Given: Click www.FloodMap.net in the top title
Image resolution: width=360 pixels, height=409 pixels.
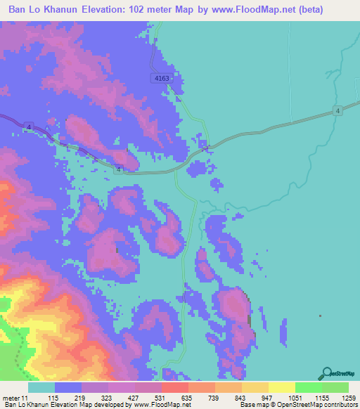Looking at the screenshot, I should tap(275, 11).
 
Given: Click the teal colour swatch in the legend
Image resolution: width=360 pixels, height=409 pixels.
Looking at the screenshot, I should tap(41, 387).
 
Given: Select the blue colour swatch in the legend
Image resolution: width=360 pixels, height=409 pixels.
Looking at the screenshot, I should tap(68, 387).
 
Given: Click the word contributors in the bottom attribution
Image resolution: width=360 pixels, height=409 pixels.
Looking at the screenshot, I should tap(341, 405).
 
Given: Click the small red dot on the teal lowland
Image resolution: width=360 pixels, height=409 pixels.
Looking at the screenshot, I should tap(320, 316).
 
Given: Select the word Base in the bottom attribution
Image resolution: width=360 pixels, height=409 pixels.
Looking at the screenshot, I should tap(247, 405).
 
